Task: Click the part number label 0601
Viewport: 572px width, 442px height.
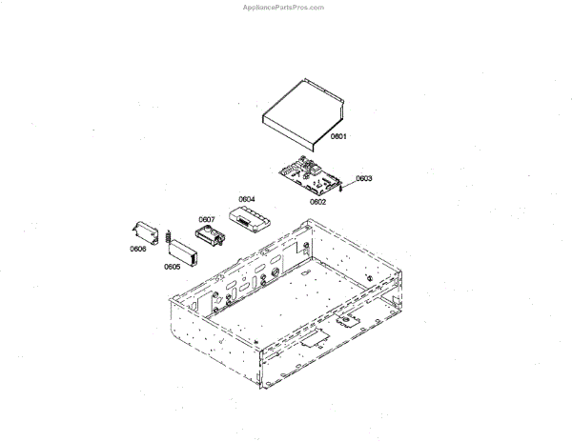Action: click(x=338, y=136)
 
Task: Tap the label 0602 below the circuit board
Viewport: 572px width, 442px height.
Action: click(x=318, y=201)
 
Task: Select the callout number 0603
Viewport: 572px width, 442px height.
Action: click(x=364, y=178)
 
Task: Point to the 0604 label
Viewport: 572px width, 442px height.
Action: click(x=247, y=199)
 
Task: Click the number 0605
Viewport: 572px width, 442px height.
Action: click(x=173, y=267)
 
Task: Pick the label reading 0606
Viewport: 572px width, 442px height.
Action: click(x=138, y=249)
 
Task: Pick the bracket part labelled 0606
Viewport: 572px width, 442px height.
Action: click(x=145, y=232)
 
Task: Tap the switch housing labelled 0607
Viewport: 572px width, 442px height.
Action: click(x=209, y=233)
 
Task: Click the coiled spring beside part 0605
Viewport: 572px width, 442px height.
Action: click(x=168, y=236)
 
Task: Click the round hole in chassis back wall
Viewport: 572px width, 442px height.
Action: click(x=277, y=277)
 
